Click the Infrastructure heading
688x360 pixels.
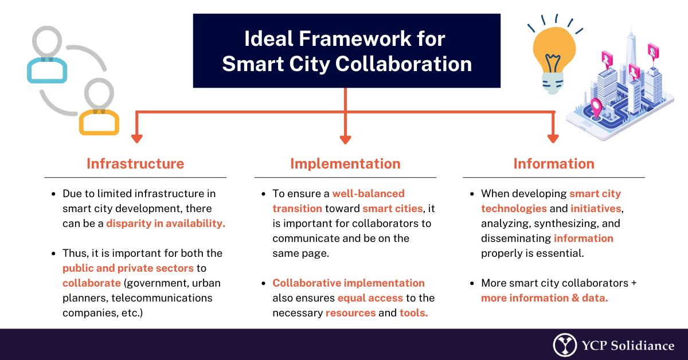pyautogui.click(x=135, y=164)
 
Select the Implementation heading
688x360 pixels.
pyautogui.click(x=346, y=164)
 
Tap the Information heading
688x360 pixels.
pyautogui.click(x=554, y=164)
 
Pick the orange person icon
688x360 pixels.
pyautogui.click(x=99, y=122)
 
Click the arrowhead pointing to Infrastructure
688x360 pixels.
pyautogui.click(x=136, y=139)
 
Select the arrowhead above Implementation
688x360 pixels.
pyautogui.click(x=345, y=139)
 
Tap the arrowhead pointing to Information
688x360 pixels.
pyautogui.click(x=553, y=139)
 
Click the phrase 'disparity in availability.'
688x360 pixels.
pyautogui.click(x=166, y=224)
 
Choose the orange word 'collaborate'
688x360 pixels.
pyautogui.click(x=92, y=283)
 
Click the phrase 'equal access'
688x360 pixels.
pyautogui.click(x=370, y=298)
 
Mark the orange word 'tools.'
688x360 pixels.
pyautogui.click(x=414, y=312)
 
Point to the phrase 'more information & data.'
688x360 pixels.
pyautogui.click(x=544, y=298)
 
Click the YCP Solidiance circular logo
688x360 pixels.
pyautogui.click(x=565, y=345)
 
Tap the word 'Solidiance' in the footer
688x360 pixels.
pyautogui.click(x=642, y=346)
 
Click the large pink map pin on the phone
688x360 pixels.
pyautogui.click(x=596, y=108)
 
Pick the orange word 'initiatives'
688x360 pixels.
pyautogui.click(x=596, y=209)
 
